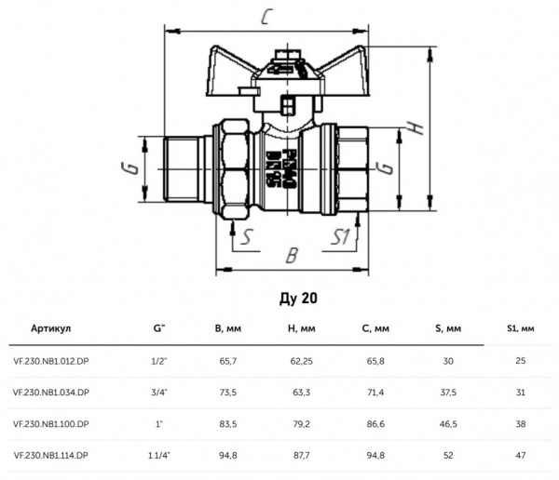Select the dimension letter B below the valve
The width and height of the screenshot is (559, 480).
pyautogui.click(x=291, y=253)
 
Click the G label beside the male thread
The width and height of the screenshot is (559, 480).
pyautogui.click(x=132, y=167)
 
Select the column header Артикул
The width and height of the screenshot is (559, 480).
pyautogui.click(x=50, y=328)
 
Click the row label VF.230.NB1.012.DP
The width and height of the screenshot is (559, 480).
pyautogui.click(x=51, y=360)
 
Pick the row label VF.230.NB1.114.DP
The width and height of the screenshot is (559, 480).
pyautogui.click(x=51, y=455)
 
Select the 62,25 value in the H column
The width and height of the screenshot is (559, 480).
pyautogui.click(x=299, y=360)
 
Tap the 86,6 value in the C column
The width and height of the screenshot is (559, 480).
pyautogui.click(x=375, y=423)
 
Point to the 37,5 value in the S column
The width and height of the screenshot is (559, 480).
pyautogui.click(x=447, y=392)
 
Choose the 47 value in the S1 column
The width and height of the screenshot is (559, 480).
pyautogui.click(x=520, y=455)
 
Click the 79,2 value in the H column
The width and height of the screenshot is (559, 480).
pyautogui.click(x=299, y=423)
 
